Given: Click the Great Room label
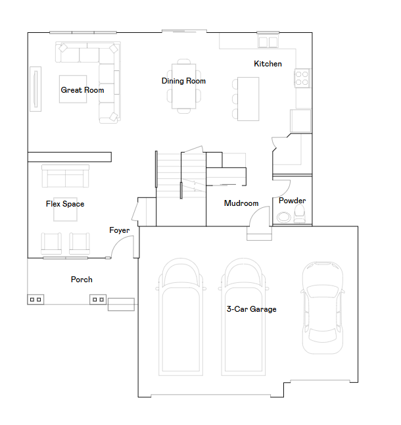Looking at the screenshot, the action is point(82,90).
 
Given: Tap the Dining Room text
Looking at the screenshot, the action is point(183,81).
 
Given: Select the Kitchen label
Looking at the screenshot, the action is point(268,64).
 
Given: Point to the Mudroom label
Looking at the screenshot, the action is point(241,203).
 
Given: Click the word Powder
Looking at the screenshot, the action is point(292,201).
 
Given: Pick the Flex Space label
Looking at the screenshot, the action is point(65,204).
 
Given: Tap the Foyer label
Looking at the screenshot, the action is point(120,230).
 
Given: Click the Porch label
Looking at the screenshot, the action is point(82,280).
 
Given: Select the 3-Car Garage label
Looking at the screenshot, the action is point(252,309).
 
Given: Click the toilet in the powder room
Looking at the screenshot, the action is point(300,214).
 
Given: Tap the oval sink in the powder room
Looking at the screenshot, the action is point(284,217).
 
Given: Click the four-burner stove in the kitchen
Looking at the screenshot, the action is point(302,78).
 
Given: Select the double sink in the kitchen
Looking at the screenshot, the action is point(268,42).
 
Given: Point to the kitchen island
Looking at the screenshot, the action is point(248,99).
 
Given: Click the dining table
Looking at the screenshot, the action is point(184,86).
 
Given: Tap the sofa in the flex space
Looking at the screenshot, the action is point(65,176).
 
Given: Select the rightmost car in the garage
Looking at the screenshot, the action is point(323,308).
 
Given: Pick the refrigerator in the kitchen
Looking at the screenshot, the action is point(300,121).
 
